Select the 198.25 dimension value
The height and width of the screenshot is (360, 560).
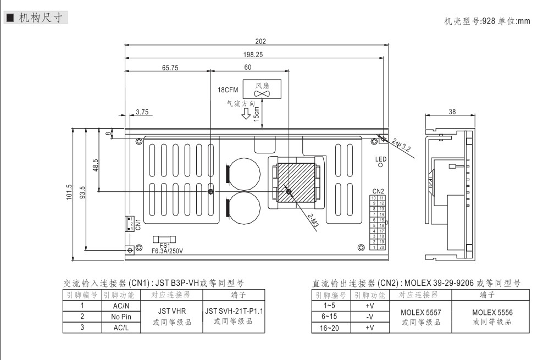pos(253,54)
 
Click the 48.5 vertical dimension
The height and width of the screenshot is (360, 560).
pos(96,165)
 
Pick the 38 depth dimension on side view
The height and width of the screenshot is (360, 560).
pos(452,111)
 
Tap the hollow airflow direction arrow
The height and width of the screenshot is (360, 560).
pos(246,114)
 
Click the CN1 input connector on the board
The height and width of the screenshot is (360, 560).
pos(130,223)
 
